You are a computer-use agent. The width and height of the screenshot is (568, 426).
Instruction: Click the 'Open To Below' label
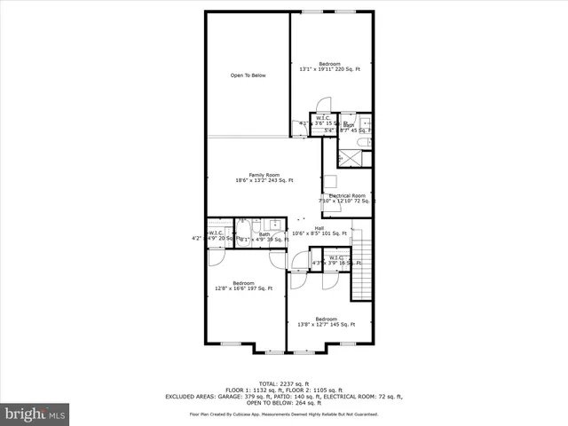[x=248, y=75]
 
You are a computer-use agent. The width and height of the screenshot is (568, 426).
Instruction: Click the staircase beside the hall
[x=361, y=265]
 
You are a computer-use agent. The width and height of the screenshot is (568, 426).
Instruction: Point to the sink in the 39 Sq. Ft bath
[x=274, y=225]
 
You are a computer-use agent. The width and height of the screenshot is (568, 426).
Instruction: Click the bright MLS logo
[x=35, y=414]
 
